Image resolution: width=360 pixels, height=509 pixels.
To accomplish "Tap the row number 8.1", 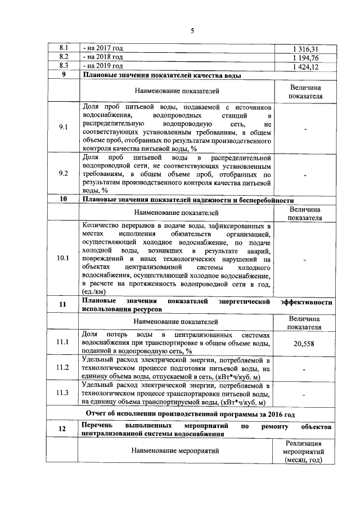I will [x=64, y=49].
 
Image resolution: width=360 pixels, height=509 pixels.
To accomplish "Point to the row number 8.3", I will [x=64, y=67].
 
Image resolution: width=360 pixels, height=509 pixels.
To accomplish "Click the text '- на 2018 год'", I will [x=102, y=58].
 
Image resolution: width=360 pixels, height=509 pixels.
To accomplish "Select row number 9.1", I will [x=64, y=128].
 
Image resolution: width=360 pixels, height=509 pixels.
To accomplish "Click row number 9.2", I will [x=64, y=174].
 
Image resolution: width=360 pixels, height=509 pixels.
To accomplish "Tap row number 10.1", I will [x=63, y=258].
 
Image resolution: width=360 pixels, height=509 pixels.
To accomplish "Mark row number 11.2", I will [x=63, y=368].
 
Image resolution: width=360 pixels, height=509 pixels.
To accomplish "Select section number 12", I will [x=63, y=429].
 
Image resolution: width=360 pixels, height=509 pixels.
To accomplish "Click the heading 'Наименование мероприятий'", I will [x=176, y=451].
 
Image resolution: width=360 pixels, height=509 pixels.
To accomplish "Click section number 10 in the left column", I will [x=63, y=199].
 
